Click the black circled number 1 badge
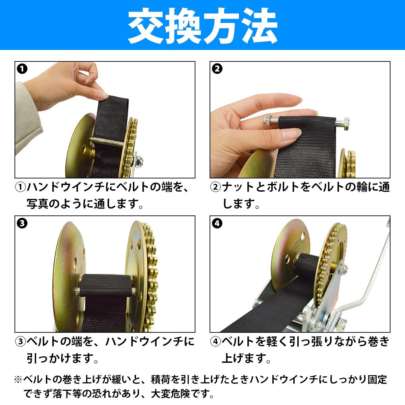(22, 69)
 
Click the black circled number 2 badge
(217, 69)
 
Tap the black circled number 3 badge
(22, 223)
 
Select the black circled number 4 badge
(217, 223)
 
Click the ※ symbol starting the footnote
(19, 379)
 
